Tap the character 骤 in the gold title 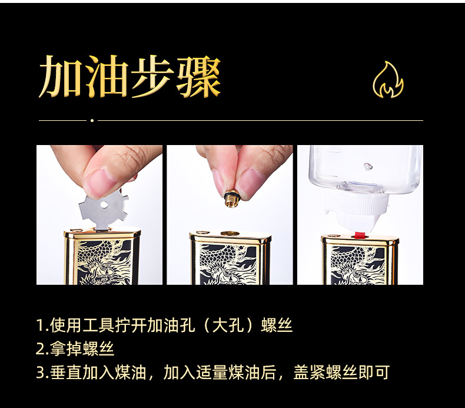point(198,77)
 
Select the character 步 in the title point(152,77)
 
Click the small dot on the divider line point(92,120)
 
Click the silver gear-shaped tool point(103,209)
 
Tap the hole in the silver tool point(104,205)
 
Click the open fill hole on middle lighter point(230,233)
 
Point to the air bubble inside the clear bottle point(368,166)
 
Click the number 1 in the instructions point(41,325)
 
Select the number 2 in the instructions point(41,348)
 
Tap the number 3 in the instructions point(41,373)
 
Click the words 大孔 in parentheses point(228,325)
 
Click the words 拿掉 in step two point(67,348)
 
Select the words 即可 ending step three point(374,373)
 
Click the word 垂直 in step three point(67,373)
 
